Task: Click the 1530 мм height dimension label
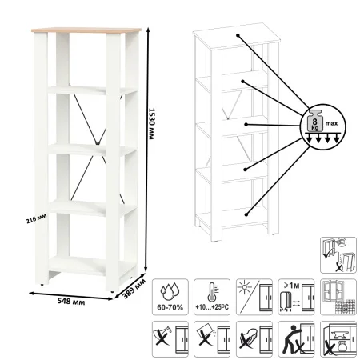tap(151, 123)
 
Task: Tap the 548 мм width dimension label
tap(71, 302)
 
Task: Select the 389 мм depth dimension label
tap(134, 288)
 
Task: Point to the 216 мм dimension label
tap(36, 219)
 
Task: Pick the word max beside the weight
tap(331, 123)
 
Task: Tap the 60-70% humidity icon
tap(170, 297)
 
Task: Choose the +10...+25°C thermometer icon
tap(212, 297)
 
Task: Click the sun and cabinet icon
tap(254, 297)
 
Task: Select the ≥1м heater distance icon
tap(296, 297)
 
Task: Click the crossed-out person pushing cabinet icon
tap(296, 339)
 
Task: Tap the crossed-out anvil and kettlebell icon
tap(338, 339)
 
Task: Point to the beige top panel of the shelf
tap(86, 30)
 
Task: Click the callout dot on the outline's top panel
tap(238, 35)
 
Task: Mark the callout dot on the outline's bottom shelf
tap(246, 214)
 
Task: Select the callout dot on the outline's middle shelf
tap(246, 125)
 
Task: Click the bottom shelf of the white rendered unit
tap(92, 266)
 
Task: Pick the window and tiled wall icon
tap(338, 297)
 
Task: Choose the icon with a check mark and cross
tap(338, 255)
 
